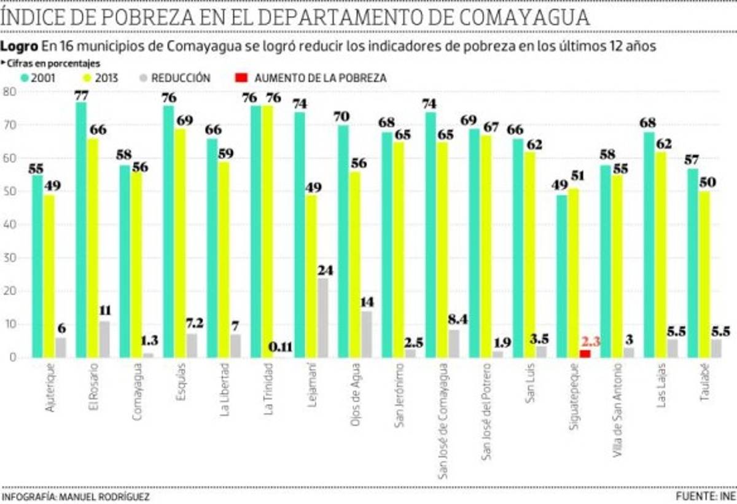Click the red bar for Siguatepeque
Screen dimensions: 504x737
click(x=585, y=354)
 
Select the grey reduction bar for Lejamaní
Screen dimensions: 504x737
click(x=322, y=318)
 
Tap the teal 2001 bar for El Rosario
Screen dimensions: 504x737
click(x=81, y=230)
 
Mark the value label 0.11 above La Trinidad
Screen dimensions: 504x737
click(x=281, y=347)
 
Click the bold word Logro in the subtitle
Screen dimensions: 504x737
click(x=20, y=46)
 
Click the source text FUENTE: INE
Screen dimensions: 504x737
click(x=704, y=496)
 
